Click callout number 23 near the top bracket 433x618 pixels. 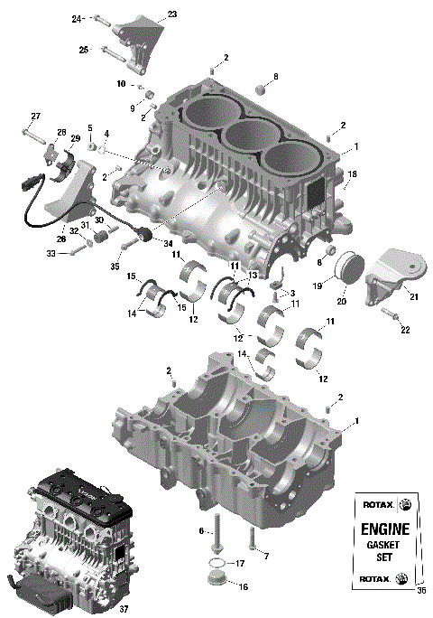pos(172,14)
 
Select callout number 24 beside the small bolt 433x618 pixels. pos(77,18)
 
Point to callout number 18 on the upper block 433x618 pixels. pos(353,173)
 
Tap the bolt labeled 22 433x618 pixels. pos(389,314)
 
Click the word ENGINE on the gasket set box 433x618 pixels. pos(385,529)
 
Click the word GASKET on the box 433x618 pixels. pos(385,545)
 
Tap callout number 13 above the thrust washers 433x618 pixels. pos(253,275)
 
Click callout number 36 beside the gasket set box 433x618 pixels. pos(419,591)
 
